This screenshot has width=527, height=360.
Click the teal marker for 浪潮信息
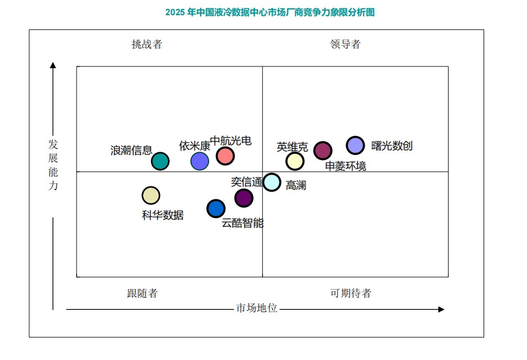point(160,161)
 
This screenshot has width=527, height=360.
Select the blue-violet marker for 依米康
point(200,161)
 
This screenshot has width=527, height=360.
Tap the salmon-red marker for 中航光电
point(225,156)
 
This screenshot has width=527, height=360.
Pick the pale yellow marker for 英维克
point(295,161)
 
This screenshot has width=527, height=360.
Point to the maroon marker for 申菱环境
point(323,150)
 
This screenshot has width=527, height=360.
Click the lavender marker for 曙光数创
point(355,145)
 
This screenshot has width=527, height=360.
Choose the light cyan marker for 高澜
point(272,183)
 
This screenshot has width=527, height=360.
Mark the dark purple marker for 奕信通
point(243,198)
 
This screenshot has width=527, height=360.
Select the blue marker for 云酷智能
point(216,208)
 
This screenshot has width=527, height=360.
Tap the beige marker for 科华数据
point(151,195)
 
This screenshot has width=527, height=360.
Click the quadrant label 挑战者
point(147,45)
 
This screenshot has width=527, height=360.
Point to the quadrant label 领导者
point(345,44)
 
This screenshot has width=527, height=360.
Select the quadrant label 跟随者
point(143,293)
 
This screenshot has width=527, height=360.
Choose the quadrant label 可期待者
point(351,293)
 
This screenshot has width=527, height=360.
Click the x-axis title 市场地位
point(257,308)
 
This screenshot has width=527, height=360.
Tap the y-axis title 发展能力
point(53,165)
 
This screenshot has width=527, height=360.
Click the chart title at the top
point(270,12)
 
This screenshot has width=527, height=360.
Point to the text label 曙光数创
point(392,146)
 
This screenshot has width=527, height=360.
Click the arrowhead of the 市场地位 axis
point(442,309)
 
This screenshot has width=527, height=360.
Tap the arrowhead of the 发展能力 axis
point(53,65)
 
